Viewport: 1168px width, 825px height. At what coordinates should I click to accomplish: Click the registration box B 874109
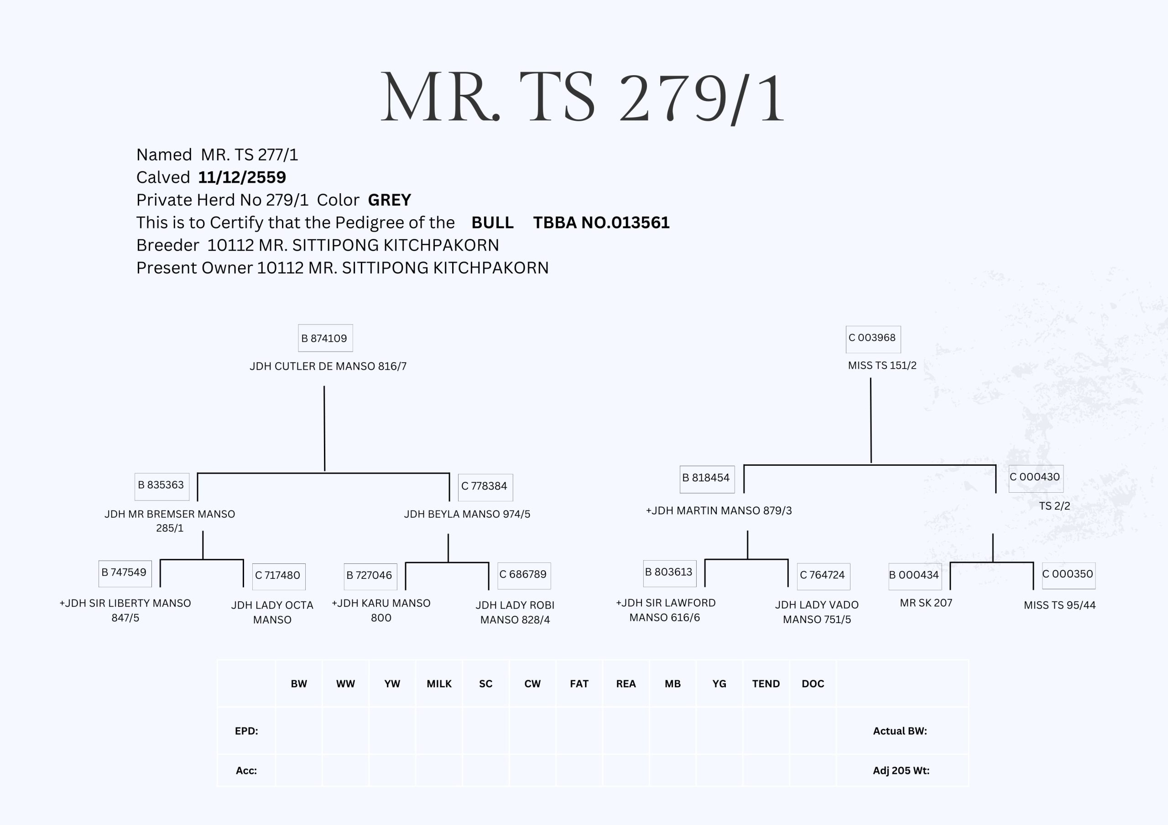[x=325, y=338]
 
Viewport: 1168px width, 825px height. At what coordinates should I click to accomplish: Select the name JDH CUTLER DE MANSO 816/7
[x=328, y=366]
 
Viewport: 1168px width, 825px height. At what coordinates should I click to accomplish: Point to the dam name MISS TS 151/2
[x=882, y=366]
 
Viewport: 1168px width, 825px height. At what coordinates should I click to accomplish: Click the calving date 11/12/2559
[x=242, y=177]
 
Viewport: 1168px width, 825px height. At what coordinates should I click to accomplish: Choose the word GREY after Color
[x=389, y=200]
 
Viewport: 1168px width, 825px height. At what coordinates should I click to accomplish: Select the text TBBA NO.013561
[x=601, y=222]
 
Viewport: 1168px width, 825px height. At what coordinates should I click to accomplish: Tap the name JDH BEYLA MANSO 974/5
[x=467, y=514]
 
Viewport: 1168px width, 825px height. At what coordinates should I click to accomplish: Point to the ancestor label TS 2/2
[x=1054, y=506]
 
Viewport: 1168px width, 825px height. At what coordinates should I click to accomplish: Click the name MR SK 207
[x=926, y=603]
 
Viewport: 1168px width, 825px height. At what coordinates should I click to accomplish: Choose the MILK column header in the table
[x=439, y=684]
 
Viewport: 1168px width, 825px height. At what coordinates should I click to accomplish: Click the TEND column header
[x=766, y=684]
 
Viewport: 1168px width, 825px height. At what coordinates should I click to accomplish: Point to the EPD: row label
[x=246, y=731]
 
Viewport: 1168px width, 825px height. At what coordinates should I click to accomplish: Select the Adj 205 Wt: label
[x=901, y=771]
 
